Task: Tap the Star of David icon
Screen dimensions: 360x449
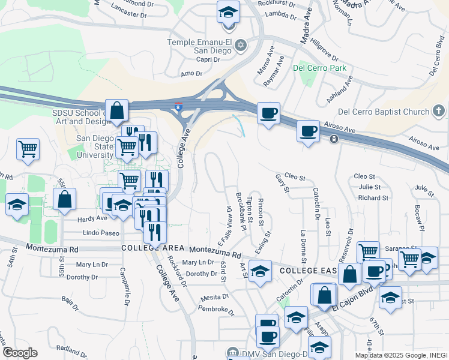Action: tap(241, 45)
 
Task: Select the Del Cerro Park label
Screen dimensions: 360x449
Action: tap(319, 68)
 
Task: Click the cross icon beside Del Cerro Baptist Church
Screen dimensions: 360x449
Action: tap(439, 111)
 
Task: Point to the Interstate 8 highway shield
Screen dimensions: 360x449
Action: tap(178, 107)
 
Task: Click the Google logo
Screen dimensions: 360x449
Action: tap(20, 353)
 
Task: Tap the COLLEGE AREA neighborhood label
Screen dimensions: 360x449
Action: tap(152, 248)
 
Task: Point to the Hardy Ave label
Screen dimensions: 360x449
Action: tap(92, 219)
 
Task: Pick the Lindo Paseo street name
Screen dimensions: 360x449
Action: tap(101, 233)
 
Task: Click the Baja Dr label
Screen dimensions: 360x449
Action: tap(71, 299)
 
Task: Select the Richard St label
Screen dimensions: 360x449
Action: tap(373, 197)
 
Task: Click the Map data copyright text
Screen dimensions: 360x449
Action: tap(400, 355)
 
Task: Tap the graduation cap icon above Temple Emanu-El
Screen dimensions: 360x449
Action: tap(228, 12)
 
